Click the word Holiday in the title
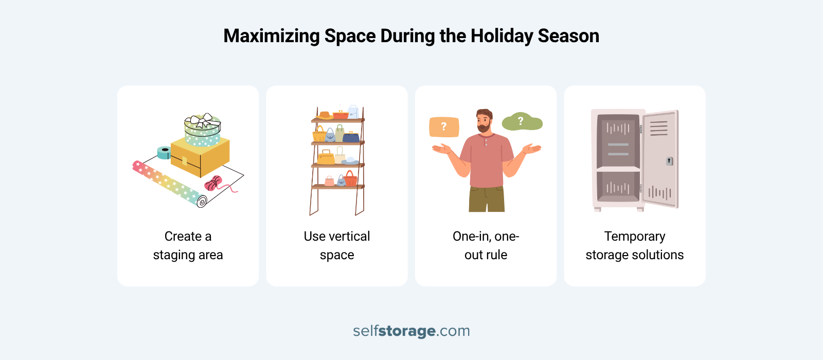[x=495, y=36]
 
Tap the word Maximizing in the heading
[x=272, y=36]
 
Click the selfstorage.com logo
[x=411, y=331]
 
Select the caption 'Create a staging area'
[x=188, y=245]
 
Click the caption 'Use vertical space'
[x=337, y=245]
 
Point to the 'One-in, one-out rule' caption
[x=486, y=245]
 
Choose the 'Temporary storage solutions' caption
[x=635, y=245]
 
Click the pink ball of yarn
[x=213, y=183]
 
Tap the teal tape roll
[x=164, y=152]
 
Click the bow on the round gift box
[x=202, y=121]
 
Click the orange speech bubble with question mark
[x=444, y=127]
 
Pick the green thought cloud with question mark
[x=521, y=122]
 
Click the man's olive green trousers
[x=486, y=199]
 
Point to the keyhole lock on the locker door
[x=669, y=161]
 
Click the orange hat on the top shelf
[x=325, y=115]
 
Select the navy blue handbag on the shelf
[x=351, y=137]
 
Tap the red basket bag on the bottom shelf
[x=351, y=179]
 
